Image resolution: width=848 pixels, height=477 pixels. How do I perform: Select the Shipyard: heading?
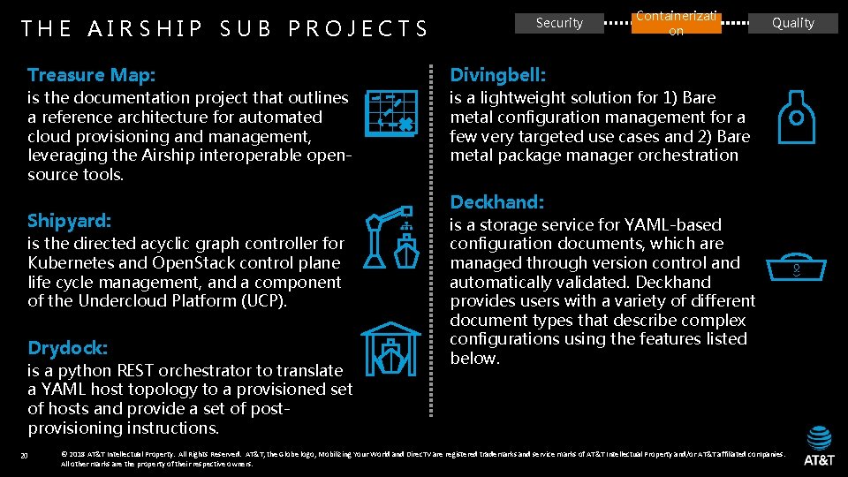pyautogui.click(x=69, y=220)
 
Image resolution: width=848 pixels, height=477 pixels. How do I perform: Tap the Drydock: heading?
pyautogui.click(x=67, y=347)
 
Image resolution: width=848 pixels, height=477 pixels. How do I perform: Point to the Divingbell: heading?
pyautogui.click(x=497, y=75)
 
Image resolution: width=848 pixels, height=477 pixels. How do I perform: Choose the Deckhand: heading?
pyautogui.click(x=496, y=202)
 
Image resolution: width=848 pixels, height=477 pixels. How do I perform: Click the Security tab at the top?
pyautogui.click(x=559, y=23)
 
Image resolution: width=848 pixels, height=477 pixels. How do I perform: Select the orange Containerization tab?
pyautogui.click(x=676, y=23)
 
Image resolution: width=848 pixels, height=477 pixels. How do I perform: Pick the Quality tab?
pyautogui.click(x=792, y=23)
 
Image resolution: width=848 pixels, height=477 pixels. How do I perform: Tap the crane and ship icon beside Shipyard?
pyautogui.click(x=392, y=237)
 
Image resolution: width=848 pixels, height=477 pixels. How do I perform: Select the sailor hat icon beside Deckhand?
pyautogui.click(x=794, y=269)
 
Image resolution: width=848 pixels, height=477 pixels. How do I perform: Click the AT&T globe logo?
pyautogui.click(x=819, y=437)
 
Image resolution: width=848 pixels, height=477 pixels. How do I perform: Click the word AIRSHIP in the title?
pyautogui.click(x=146, y=29)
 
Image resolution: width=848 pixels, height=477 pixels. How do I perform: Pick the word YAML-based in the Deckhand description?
pyautogui.click(x=675, y=225)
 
